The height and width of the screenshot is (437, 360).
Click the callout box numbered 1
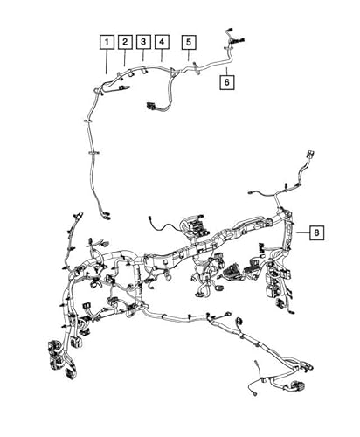coord(106,41)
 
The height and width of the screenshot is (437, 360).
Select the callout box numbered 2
coord(125,41)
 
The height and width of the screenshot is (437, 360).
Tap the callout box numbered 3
coord(143,41)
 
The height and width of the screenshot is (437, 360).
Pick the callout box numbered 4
coord(162,41)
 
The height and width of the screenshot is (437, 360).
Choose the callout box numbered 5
coord(189,41)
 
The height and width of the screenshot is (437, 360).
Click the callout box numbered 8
coord(316,232)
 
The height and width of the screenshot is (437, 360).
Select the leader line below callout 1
coord(106,61)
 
